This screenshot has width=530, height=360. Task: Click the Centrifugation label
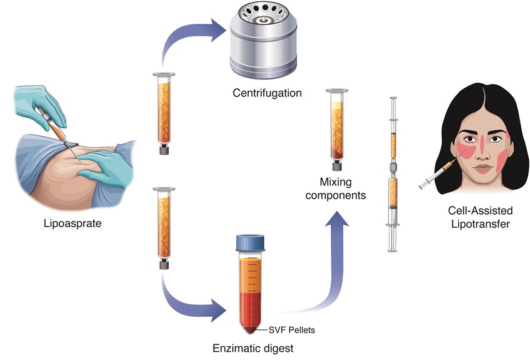pos(267,93)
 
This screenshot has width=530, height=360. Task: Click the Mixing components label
pos(342,188)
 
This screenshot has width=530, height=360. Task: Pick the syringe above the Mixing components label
pos(338,128)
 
